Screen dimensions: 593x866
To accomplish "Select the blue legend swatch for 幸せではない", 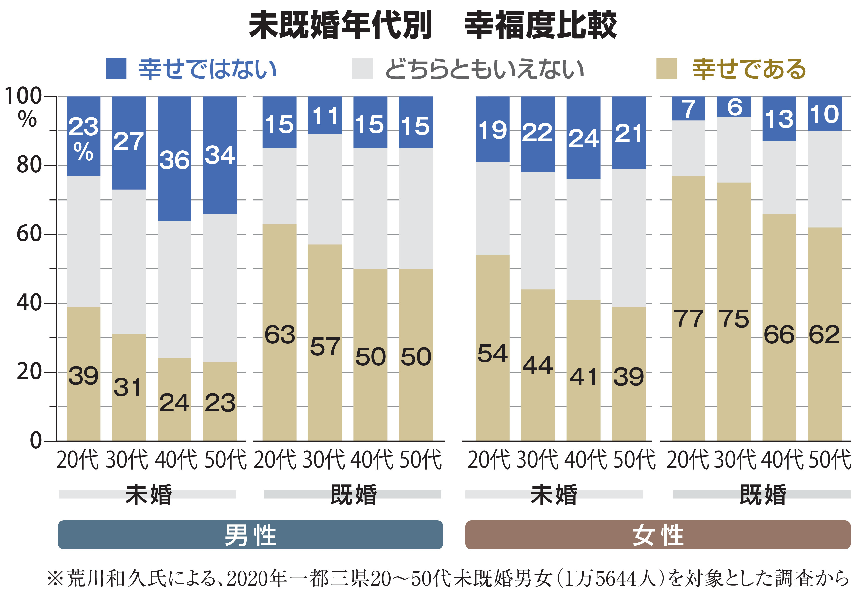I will [x=116, y=69].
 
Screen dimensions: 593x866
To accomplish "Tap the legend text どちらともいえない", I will [x=484, y=69].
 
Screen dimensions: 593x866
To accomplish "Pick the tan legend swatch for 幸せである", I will [x=666, y=69].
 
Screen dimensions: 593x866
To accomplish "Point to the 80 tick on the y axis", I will [x=29, y=165].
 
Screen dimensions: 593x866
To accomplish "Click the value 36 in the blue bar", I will [x=174, y=160].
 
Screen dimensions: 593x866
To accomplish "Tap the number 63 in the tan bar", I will [x=279, y=335].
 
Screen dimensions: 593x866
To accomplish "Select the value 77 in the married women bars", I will [x=688, y=319].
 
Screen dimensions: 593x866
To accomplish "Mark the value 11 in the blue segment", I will [x=325, y=116].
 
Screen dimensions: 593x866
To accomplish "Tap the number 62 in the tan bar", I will [x=824, y=335].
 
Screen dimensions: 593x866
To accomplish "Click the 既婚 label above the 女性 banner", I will [x=762, y=494].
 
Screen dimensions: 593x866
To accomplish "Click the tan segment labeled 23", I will [x=220, y=403].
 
